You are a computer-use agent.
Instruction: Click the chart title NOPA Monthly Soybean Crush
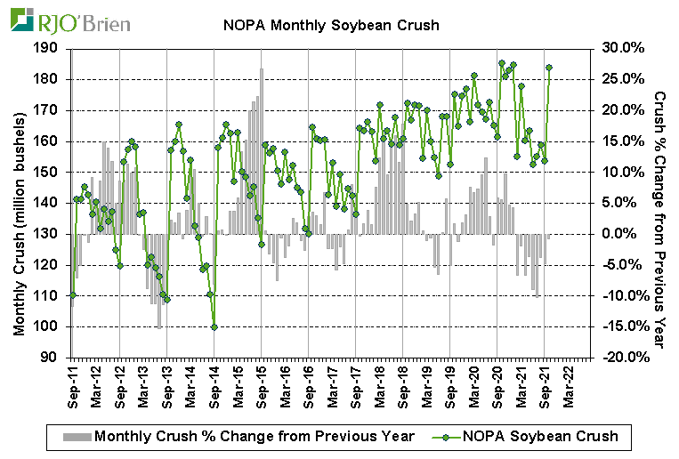point(331,25)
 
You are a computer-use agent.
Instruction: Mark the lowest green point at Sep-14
point(214,326)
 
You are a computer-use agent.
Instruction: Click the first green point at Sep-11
point(73,295)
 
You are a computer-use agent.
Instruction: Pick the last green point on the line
point(549,68)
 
